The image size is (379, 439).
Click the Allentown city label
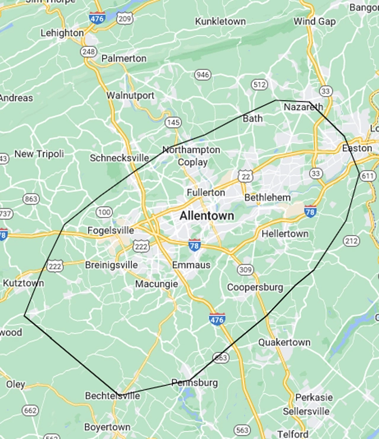point(207,216)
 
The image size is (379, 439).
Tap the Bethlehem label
point(268,197)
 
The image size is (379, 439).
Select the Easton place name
point(357,148)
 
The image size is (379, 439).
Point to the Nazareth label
point(303,107)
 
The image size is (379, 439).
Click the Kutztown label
point(23,284)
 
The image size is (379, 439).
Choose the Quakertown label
point(284,342)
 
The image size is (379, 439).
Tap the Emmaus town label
point(191,265)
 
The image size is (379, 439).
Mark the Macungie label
point(156,284)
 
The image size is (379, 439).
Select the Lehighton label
point(62,33)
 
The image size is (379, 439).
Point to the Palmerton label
point(124,58)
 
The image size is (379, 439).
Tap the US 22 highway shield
point(245,176)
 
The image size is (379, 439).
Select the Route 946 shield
point(203,74)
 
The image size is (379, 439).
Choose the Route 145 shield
point(173,122)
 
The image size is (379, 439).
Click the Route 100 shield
point(104,212)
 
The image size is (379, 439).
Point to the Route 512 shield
point(259,84)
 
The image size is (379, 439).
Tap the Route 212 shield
point(351,240)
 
